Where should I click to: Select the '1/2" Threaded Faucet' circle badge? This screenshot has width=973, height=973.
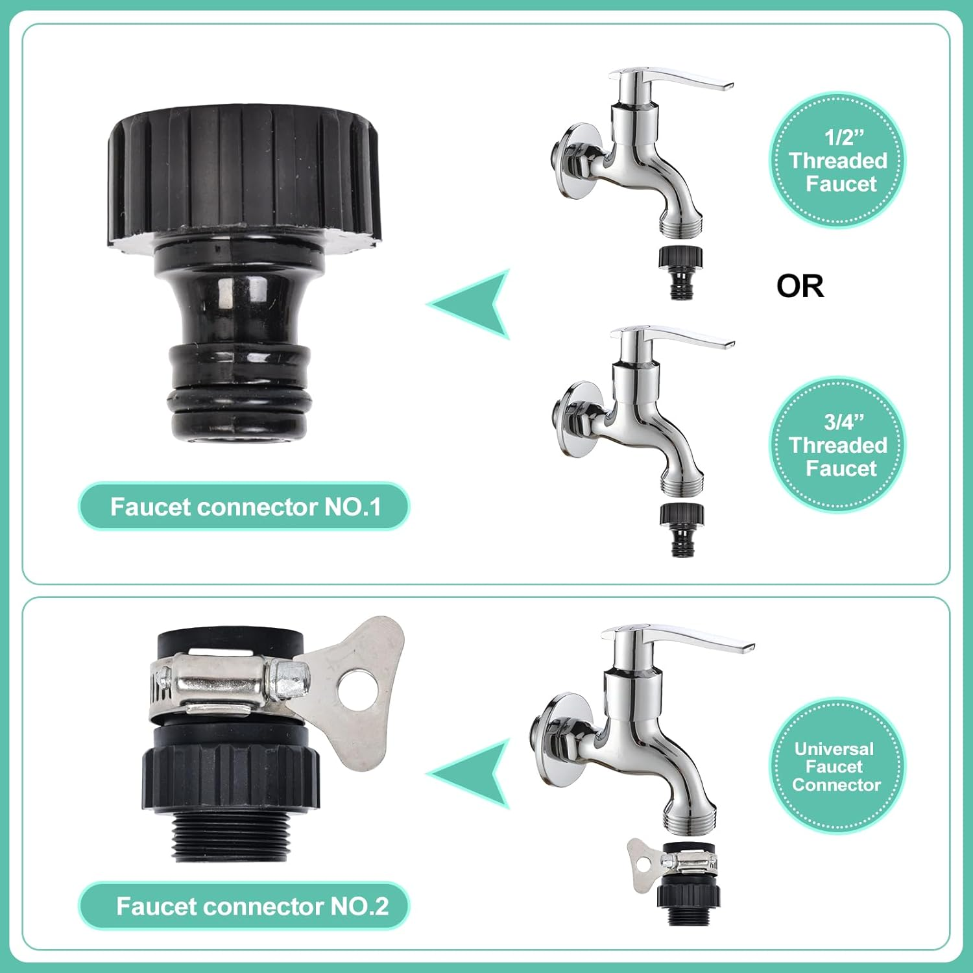tap(837, 160)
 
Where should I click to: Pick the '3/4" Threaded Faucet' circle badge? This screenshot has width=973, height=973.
tap(837, 445)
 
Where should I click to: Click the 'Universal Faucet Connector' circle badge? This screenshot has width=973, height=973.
tap(837, 766)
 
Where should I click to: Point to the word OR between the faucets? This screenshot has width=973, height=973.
tap(800, 286)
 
